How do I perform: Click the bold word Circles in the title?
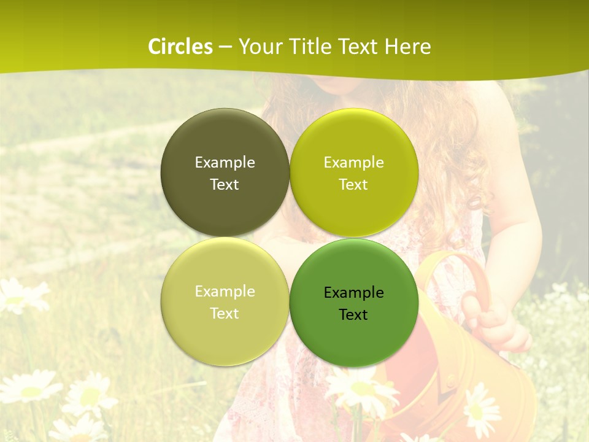[180, 47]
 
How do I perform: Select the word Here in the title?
[407, 47]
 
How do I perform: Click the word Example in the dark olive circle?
[225, 163]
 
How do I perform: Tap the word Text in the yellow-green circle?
[353, 185]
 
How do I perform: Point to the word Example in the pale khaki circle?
[225, 292]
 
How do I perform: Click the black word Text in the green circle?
[353, 315]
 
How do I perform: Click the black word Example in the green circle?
[353, 293]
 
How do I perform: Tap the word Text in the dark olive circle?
[225, 185]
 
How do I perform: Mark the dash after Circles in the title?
[226, 47]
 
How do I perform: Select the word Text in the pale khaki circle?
[225, 314]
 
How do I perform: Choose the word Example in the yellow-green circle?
[353, 163]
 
